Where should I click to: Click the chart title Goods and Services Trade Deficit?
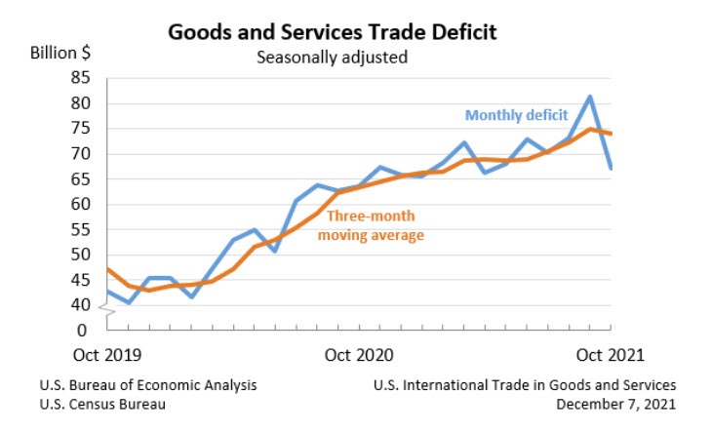(x=333, y=31)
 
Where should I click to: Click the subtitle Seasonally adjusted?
(x=332, y=57)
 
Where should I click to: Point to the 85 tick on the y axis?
(x=81, y=78)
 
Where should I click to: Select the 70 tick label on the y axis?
(x=81, y=154)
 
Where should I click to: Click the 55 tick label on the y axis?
(x=81, y=230)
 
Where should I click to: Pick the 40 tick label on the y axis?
(x=81, y=305)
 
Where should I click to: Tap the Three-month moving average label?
(x=374, y=225)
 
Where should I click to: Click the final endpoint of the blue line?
(x=611, y=169)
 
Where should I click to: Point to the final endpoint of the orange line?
(x=611, y=134)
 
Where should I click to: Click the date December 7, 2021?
(x=616, y=404)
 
